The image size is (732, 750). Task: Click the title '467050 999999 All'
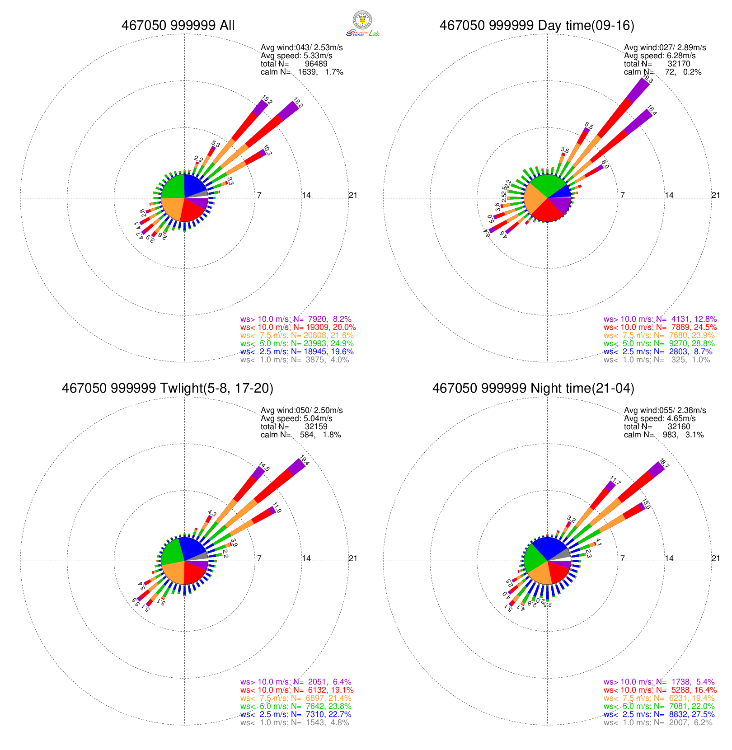(x=178, y=25)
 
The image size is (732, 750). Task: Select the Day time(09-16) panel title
(x=537, y=25)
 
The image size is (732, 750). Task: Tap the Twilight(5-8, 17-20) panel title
(x=168, y=388)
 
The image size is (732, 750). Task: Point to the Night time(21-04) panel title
(x=533, y=388)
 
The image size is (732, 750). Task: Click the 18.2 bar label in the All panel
(x=298, y=103)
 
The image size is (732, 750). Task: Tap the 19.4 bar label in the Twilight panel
(x=304, y=461)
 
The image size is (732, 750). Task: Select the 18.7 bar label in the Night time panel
(x=664, y=463)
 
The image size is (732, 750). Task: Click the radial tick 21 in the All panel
(x=353, y=195)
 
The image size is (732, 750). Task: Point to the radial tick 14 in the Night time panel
(x=669, y=558)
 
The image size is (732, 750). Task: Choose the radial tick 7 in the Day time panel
(x=622, y=195)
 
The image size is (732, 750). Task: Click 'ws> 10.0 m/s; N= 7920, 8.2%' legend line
(x=296, y=319)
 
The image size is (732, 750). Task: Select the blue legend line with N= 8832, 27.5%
(x=659, y=714)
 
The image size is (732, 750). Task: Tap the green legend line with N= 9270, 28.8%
(x=659, y=343)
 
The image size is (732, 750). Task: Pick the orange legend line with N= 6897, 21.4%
(x=296, y=698)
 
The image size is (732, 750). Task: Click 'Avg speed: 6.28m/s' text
(x=660, y=56)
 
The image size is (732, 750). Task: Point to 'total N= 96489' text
(x=294, y=64)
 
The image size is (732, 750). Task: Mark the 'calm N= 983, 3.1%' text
(x=664, y=435)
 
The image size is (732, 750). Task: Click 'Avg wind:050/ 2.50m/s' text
(x=301, y=410)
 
